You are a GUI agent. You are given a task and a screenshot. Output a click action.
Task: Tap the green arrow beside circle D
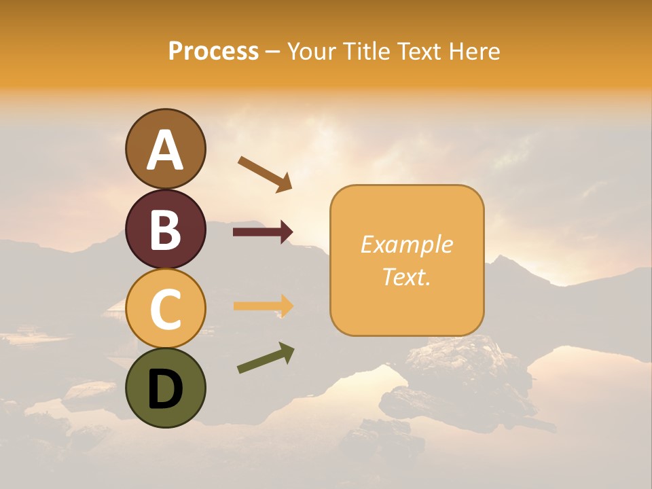click(266, 358)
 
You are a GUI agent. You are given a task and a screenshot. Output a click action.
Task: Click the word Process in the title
click(213, 51)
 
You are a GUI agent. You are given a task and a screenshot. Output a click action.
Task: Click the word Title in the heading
click(365, 51)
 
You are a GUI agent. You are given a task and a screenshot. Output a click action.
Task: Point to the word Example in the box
click(406, 244)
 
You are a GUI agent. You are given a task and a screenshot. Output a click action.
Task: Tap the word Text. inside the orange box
click(406, 276)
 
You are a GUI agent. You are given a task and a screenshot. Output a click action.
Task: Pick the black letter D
click(165, 389)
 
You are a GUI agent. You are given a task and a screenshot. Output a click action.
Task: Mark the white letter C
click(165, 310)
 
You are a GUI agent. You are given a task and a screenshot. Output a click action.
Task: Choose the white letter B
click(165, 230)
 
